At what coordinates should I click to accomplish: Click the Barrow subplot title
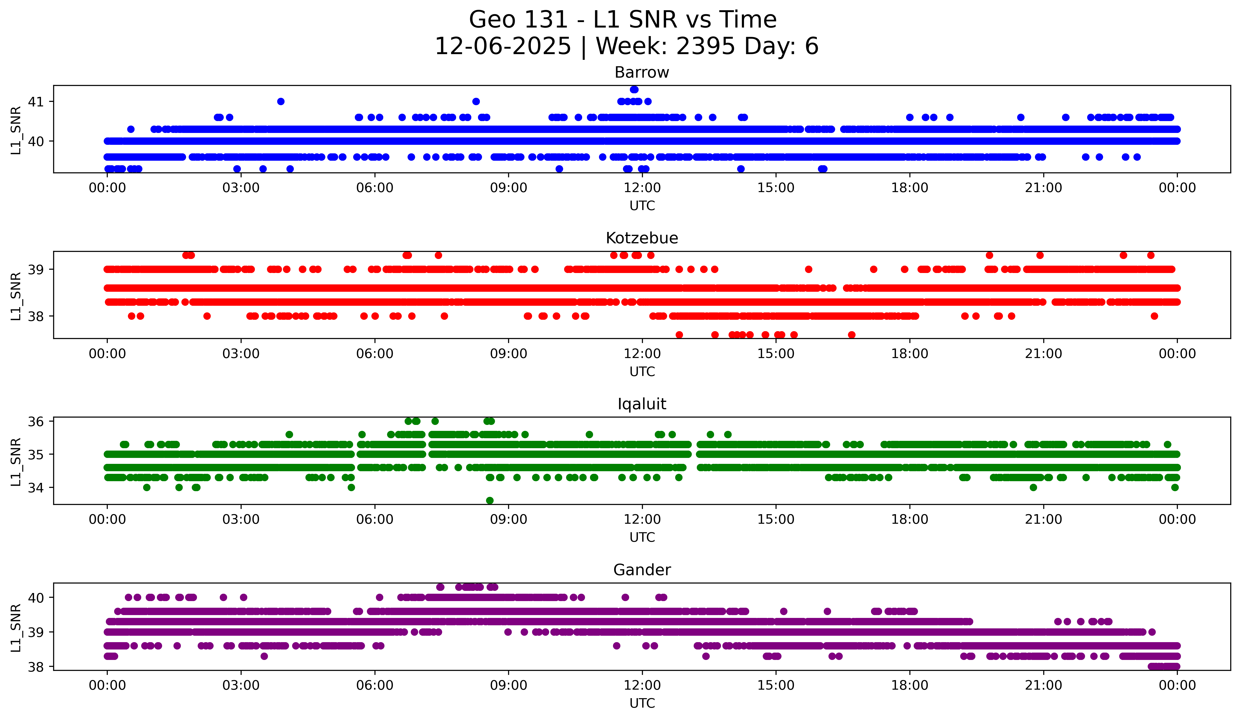tap(642, 72)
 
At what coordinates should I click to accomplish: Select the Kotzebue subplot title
tap(642, 238)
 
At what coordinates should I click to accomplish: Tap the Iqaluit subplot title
tap(642, 404)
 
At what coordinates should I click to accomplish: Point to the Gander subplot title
tap(642, 570)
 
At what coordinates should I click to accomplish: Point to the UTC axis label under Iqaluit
tap(642, 537)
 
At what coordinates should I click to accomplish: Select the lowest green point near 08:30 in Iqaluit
tap(490, 500)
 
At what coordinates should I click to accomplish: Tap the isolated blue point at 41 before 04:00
tap(281, 101)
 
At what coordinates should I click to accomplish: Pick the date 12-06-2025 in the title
tap(502, 46)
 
